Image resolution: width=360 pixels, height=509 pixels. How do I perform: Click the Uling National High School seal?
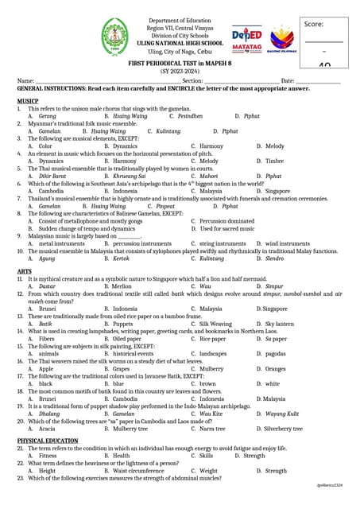coord(117,37)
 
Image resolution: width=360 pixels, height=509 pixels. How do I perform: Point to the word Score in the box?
coord(314,24)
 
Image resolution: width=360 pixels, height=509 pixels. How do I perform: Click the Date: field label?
coord(288,81)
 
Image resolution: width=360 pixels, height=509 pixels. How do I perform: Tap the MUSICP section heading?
coord(28,101)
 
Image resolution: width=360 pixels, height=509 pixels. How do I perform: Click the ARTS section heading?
coord(25,272)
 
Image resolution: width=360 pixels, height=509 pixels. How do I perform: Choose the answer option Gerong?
coord(47,116)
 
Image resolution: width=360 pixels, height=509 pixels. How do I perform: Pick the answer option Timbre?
coord(274,161)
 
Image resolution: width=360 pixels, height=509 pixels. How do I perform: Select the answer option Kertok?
coord(121,258)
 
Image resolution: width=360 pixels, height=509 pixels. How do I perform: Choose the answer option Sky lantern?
coord(280,324)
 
